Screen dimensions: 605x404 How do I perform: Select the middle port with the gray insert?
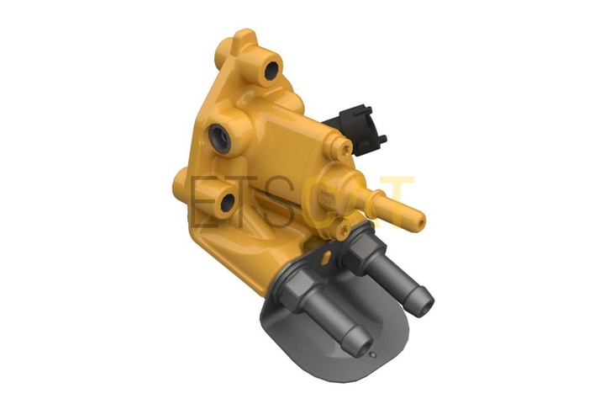coord(220,137)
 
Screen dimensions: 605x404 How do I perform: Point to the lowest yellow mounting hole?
coord(228,202)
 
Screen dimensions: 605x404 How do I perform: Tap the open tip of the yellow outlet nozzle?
coord(422,222)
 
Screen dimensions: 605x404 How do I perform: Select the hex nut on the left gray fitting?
coord(302,285)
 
